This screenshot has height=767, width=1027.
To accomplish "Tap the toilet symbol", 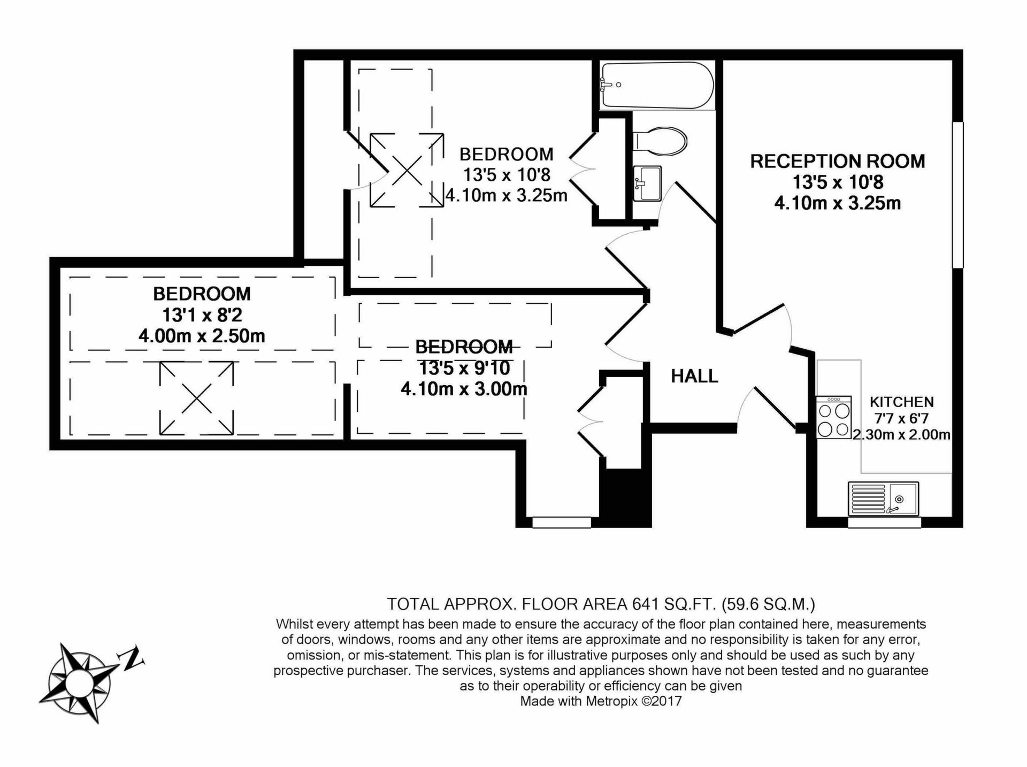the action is pyautogui.click(x=660, y=142).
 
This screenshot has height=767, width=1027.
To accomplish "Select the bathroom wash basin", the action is pyautogui.click(x=647, y=183).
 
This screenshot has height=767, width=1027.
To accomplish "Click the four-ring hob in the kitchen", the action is pyautogui.click(x=834, y=417).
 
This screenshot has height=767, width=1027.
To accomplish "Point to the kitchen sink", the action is pyautogui.click(x=883, y=498).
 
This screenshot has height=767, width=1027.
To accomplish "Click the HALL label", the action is pyautogui.click(x=694, y=377).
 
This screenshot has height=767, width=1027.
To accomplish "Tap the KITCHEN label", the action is pyautogui.click(x=902, y=402).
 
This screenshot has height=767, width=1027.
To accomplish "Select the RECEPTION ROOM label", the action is pyautogui.click(x=838, y=161).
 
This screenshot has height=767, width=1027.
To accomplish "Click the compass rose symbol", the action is pyautogui.click(x=80, y=682).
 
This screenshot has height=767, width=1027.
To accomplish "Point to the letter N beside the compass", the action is pyautogui.click(x=133, y=659).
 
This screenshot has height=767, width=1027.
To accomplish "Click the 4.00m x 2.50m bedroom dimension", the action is pyautogui.click(x=202, y=336).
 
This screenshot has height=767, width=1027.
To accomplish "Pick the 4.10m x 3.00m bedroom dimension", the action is pyautogui.click(x=464, y=389).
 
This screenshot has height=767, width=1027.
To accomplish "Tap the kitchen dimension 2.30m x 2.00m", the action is pyautogui.click(x=902, y=434).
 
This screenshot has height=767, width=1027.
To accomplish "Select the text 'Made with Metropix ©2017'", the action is pyautogui.click(x=601, y=701).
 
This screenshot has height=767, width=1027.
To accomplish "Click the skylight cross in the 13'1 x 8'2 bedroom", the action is pyautogui.click(x=196, y=398).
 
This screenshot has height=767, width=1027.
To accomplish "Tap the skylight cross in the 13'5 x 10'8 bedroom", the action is pyautogui.click(x=407, y=170).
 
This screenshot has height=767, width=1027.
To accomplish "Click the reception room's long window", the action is pyautogui.click(x=957, y=195).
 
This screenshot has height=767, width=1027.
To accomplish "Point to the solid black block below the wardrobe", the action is pyautogui.click(x=625, y=497).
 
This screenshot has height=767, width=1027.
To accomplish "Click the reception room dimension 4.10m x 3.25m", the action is pyautogui.click(x=838, y=203).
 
